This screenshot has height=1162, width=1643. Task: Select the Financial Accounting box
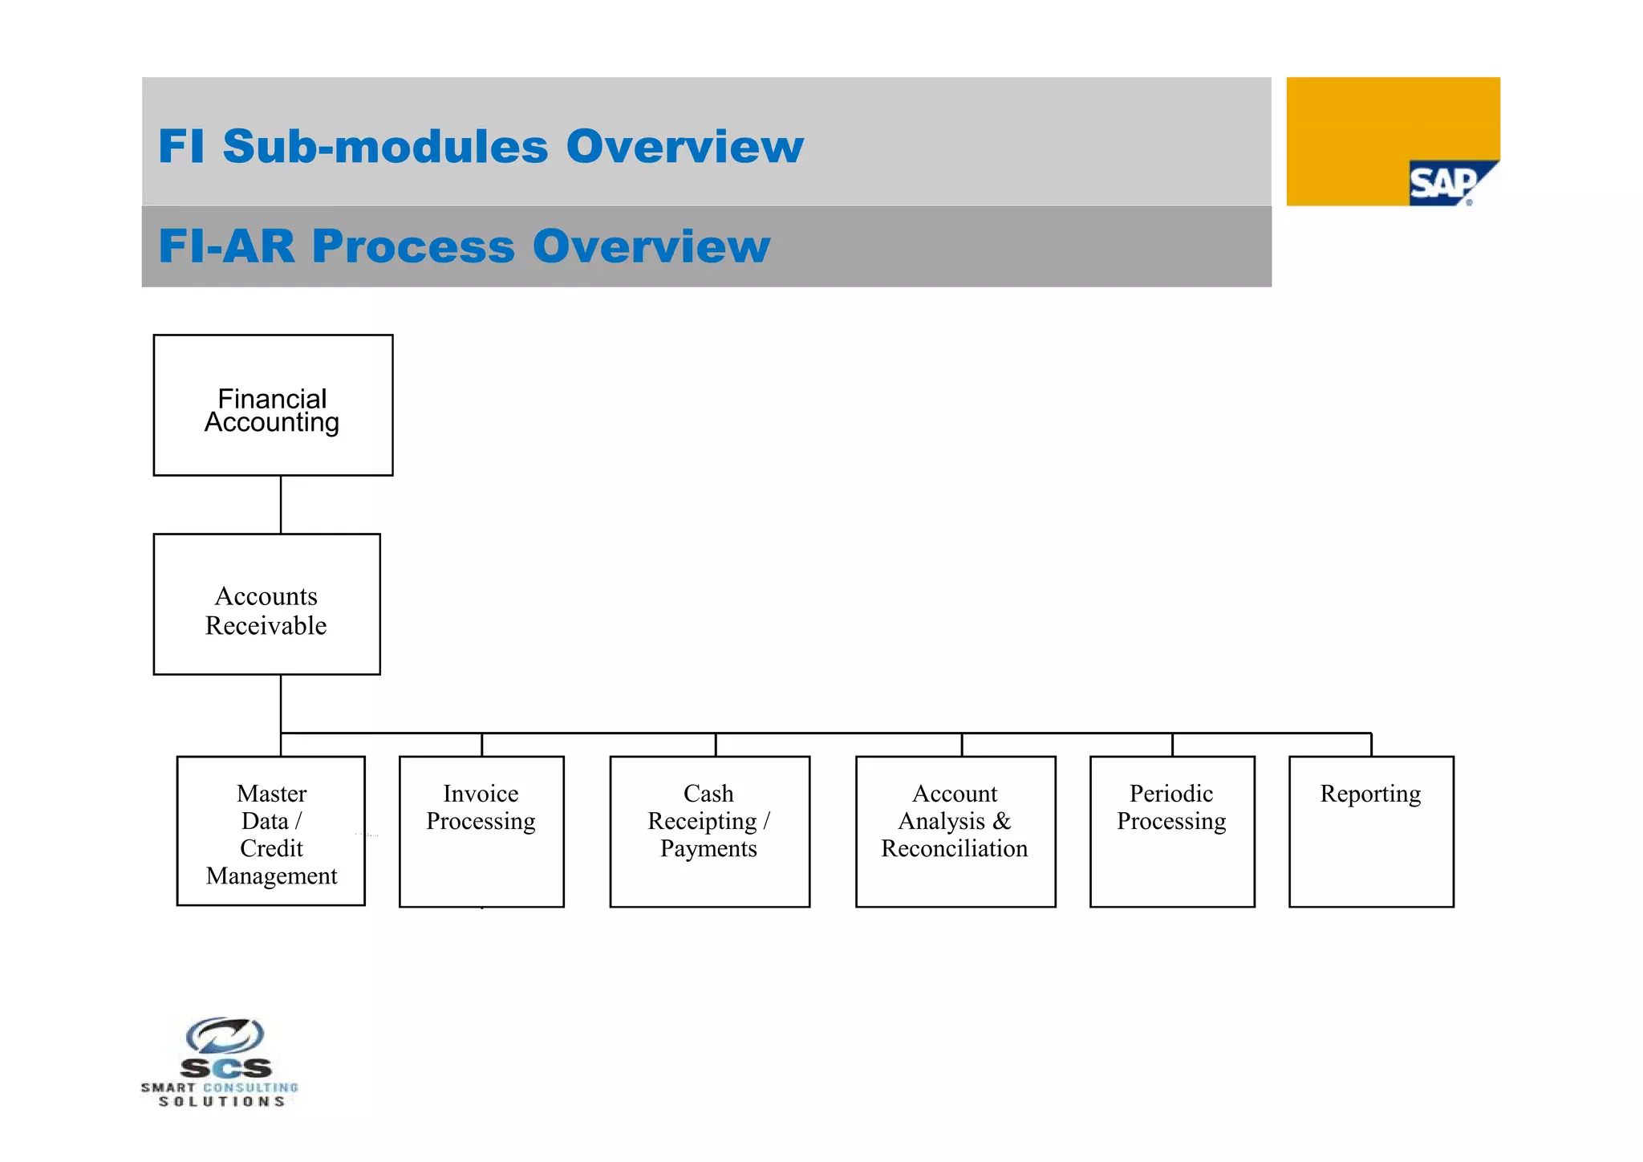(x=273, y=406)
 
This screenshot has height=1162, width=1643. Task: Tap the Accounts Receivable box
(x=266, y=604)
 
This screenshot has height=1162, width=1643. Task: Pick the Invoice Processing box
(x=481, y=831)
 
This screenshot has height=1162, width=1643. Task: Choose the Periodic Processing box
(x=1171, y=831)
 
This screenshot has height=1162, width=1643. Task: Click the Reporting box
(x=1370, y=831)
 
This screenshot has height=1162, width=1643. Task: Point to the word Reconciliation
(x=954, y=848)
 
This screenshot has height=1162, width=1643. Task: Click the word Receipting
(x=702, y=821)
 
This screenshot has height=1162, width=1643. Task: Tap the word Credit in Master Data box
(x=271, y=848)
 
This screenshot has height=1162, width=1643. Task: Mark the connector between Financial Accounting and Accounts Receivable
(x=281, y=505)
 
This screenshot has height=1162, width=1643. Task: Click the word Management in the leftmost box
(x=271, y=876)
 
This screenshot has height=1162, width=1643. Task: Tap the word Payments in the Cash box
(x=708, y=848)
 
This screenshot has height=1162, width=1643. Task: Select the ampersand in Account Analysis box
(x=1001, y=821)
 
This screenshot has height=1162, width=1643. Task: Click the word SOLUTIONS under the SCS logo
(x=221, y=1102)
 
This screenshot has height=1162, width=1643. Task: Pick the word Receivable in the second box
(x=266, y=625)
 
